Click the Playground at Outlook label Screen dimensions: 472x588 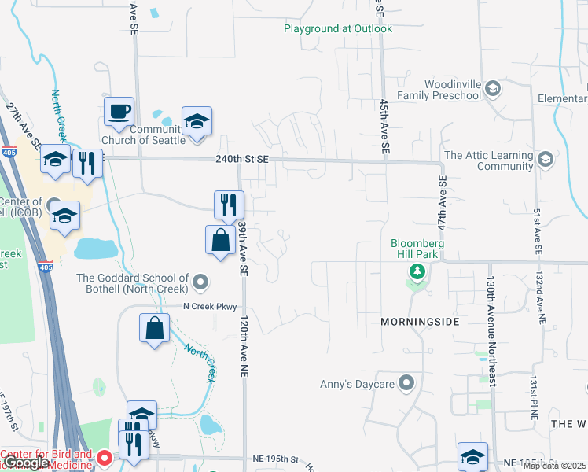(x=338, y=29)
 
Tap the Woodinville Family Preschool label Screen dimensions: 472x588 (x=439, y=90)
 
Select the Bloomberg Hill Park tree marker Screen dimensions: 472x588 (x=417, y=273)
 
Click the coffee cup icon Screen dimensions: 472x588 (x=119, y=111)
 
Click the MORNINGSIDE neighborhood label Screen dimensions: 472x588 (x=420, y=323)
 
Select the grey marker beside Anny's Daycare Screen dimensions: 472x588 (x=406, y=384)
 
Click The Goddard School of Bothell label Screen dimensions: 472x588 (x=133, y=283)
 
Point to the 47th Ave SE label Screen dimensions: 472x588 (x=442, y=203)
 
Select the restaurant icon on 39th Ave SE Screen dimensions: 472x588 (x=229, y=205)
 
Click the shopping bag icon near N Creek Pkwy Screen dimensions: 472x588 (x=155, y=328)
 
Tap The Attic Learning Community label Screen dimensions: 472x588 (x=489, y=160)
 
